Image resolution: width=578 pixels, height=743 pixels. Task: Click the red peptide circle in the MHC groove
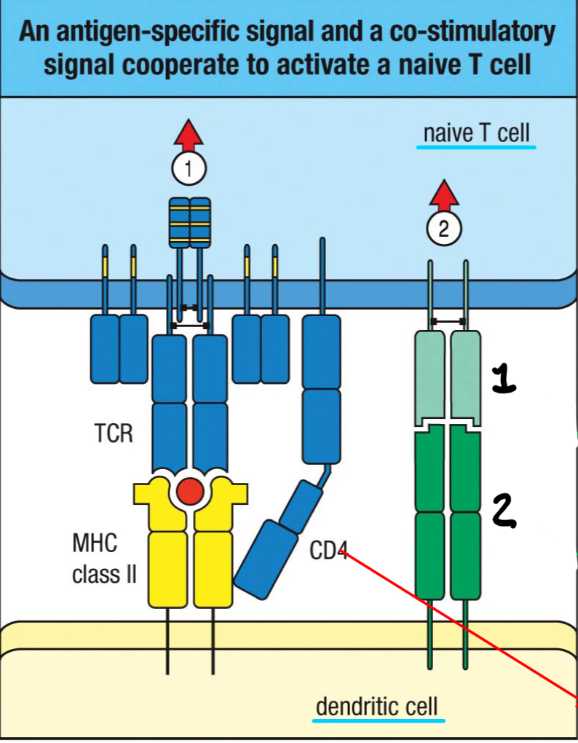190,493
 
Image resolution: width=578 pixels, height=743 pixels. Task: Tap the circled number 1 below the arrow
189,170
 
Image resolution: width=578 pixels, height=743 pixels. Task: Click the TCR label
114,434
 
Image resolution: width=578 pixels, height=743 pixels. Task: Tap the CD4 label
328,551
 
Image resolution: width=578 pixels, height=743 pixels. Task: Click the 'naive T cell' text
476,133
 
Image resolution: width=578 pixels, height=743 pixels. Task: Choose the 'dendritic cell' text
377,706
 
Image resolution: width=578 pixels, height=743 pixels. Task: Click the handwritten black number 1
503,379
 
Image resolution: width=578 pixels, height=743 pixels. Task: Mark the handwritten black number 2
503,508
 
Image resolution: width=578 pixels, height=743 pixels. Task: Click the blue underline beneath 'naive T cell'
476,146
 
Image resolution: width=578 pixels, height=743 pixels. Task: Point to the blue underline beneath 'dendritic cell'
378,720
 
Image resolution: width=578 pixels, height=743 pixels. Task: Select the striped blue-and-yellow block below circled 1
189,221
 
